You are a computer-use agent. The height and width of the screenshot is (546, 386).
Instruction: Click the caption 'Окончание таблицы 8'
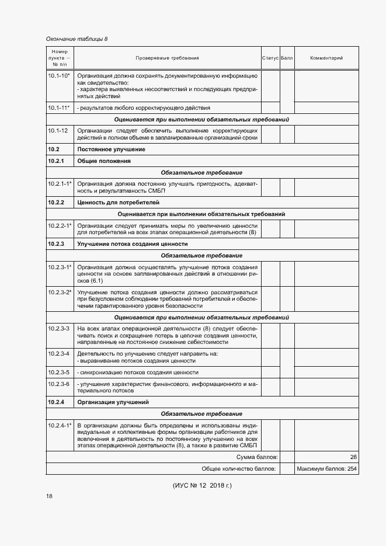pyautogui.click(x=76, y=39)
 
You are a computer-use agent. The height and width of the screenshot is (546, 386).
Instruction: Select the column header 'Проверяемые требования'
pyautogui.click(x=167, y=58)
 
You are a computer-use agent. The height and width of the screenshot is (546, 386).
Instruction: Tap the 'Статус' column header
pyautogui.click(x=270, y=58)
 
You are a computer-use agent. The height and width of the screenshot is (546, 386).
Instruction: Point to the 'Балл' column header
pyautogui.click(x=287, y=58)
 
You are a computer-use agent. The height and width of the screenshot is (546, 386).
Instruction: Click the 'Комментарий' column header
pyautogui.click(x=326, y=58)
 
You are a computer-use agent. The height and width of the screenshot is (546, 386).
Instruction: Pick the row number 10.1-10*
pyautogui.click(x=59, y=75)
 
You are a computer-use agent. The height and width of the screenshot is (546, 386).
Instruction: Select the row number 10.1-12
pyautogui.click(x=58, y=130)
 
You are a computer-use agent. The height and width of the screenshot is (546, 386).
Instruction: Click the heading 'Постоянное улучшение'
pyautogui.click(x=103, y=149)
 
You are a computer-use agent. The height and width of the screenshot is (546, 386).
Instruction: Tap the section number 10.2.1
pyautogui.click(x=56, y=161)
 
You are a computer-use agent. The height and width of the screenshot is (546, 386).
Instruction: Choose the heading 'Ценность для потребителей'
pyautogui.click(x=110, y=202)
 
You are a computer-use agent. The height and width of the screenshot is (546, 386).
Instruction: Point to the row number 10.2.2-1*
pyautogui.click(x=60, y=225)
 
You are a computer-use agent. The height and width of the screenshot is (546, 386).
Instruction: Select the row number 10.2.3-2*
pyautogui.click(x=60, y=291)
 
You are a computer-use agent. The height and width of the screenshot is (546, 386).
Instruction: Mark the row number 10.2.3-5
pyautogui.click(x=58, y=372)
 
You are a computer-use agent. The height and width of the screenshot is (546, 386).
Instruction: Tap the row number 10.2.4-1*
pyautogui.click(x=60, y=425)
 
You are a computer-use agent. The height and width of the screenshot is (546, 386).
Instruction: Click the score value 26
pyautogui.click(x=353, y=457)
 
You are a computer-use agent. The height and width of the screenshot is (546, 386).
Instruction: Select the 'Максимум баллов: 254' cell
pyautogui.click(x=326, y=469)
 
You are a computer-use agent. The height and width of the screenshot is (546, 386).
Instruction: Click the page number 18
pyautogui.click(x=49, y=496)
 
